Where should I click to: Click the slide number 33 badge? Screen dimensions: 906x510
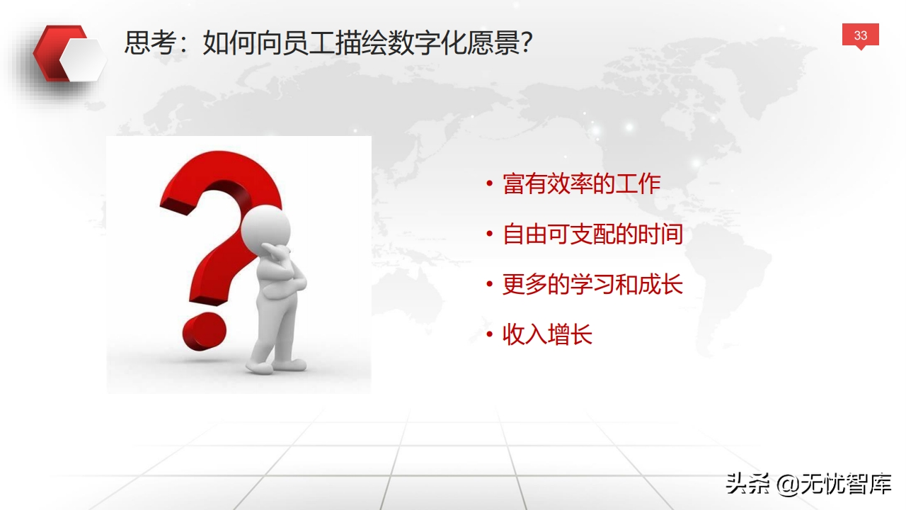(860, 35)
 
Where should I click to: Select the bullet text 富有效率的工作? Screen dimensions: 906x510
(582, 183)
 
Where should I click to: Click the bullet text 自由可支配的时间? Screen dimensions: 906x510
(592, 234)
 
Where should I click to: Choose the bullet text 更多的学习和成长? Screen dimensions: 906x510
(592, 284)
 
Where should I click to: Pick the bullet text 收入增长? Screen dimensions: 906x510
(547, 334)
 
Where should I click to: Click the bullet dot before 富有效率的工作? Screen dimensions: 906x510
(489, 183)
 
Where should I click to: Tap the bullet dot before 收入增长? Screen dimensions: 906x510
(489, 334)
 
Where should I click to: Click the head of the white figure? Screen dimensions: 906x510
(265, 229)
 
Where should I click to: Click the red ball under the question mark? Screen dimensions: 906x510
(205, 331)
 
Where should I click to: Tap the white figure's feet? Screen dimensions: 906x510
(276, 366)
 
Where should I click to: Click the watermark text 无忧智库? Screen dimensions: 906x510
(846, 484)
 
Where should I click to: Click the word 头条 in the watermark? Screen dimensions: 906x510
(747, 484)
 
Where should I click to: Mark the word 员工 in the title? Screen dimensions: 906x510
(308, 42)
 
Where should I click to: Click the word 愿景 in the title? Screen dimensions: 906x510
(493, 42)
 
